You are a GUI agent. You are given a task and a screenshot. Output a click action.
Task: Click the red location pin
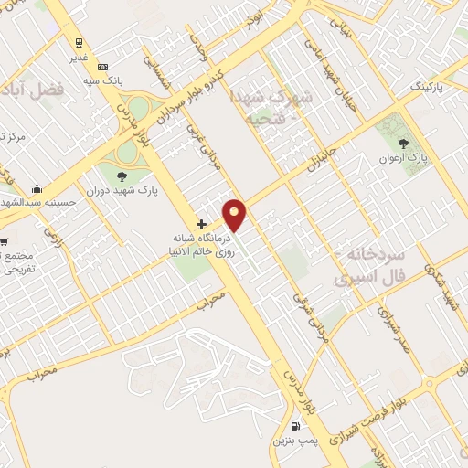coord(235,214)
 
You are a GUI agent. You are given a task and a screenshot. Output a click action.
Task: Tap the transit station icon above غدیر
coord(79,42)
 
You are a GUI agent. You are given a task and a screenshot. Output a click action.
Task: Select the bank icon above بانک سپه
coord(102,67)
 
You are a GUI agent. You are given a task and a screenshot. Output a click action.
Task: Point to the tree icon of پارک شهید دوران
coord(122,176)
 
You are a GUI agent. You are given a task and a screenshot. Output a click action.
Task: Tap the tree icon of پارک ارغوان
coord(404,142)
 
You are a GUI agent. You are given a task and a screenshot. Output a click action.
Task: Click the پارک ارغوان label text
coord(403,158)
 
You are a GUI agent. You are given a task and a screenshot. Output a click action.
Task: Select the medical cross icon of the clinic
coord(201,223)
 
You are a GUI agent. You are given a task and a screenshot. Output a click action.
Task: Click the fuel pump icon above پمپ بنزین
coord(294,426)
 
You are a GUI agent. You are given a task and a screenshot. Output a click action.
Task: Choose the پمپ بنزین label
coord(294,441)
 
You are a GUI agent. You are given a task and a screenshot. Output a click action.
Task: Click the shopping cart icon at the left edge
coord(4,242)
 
